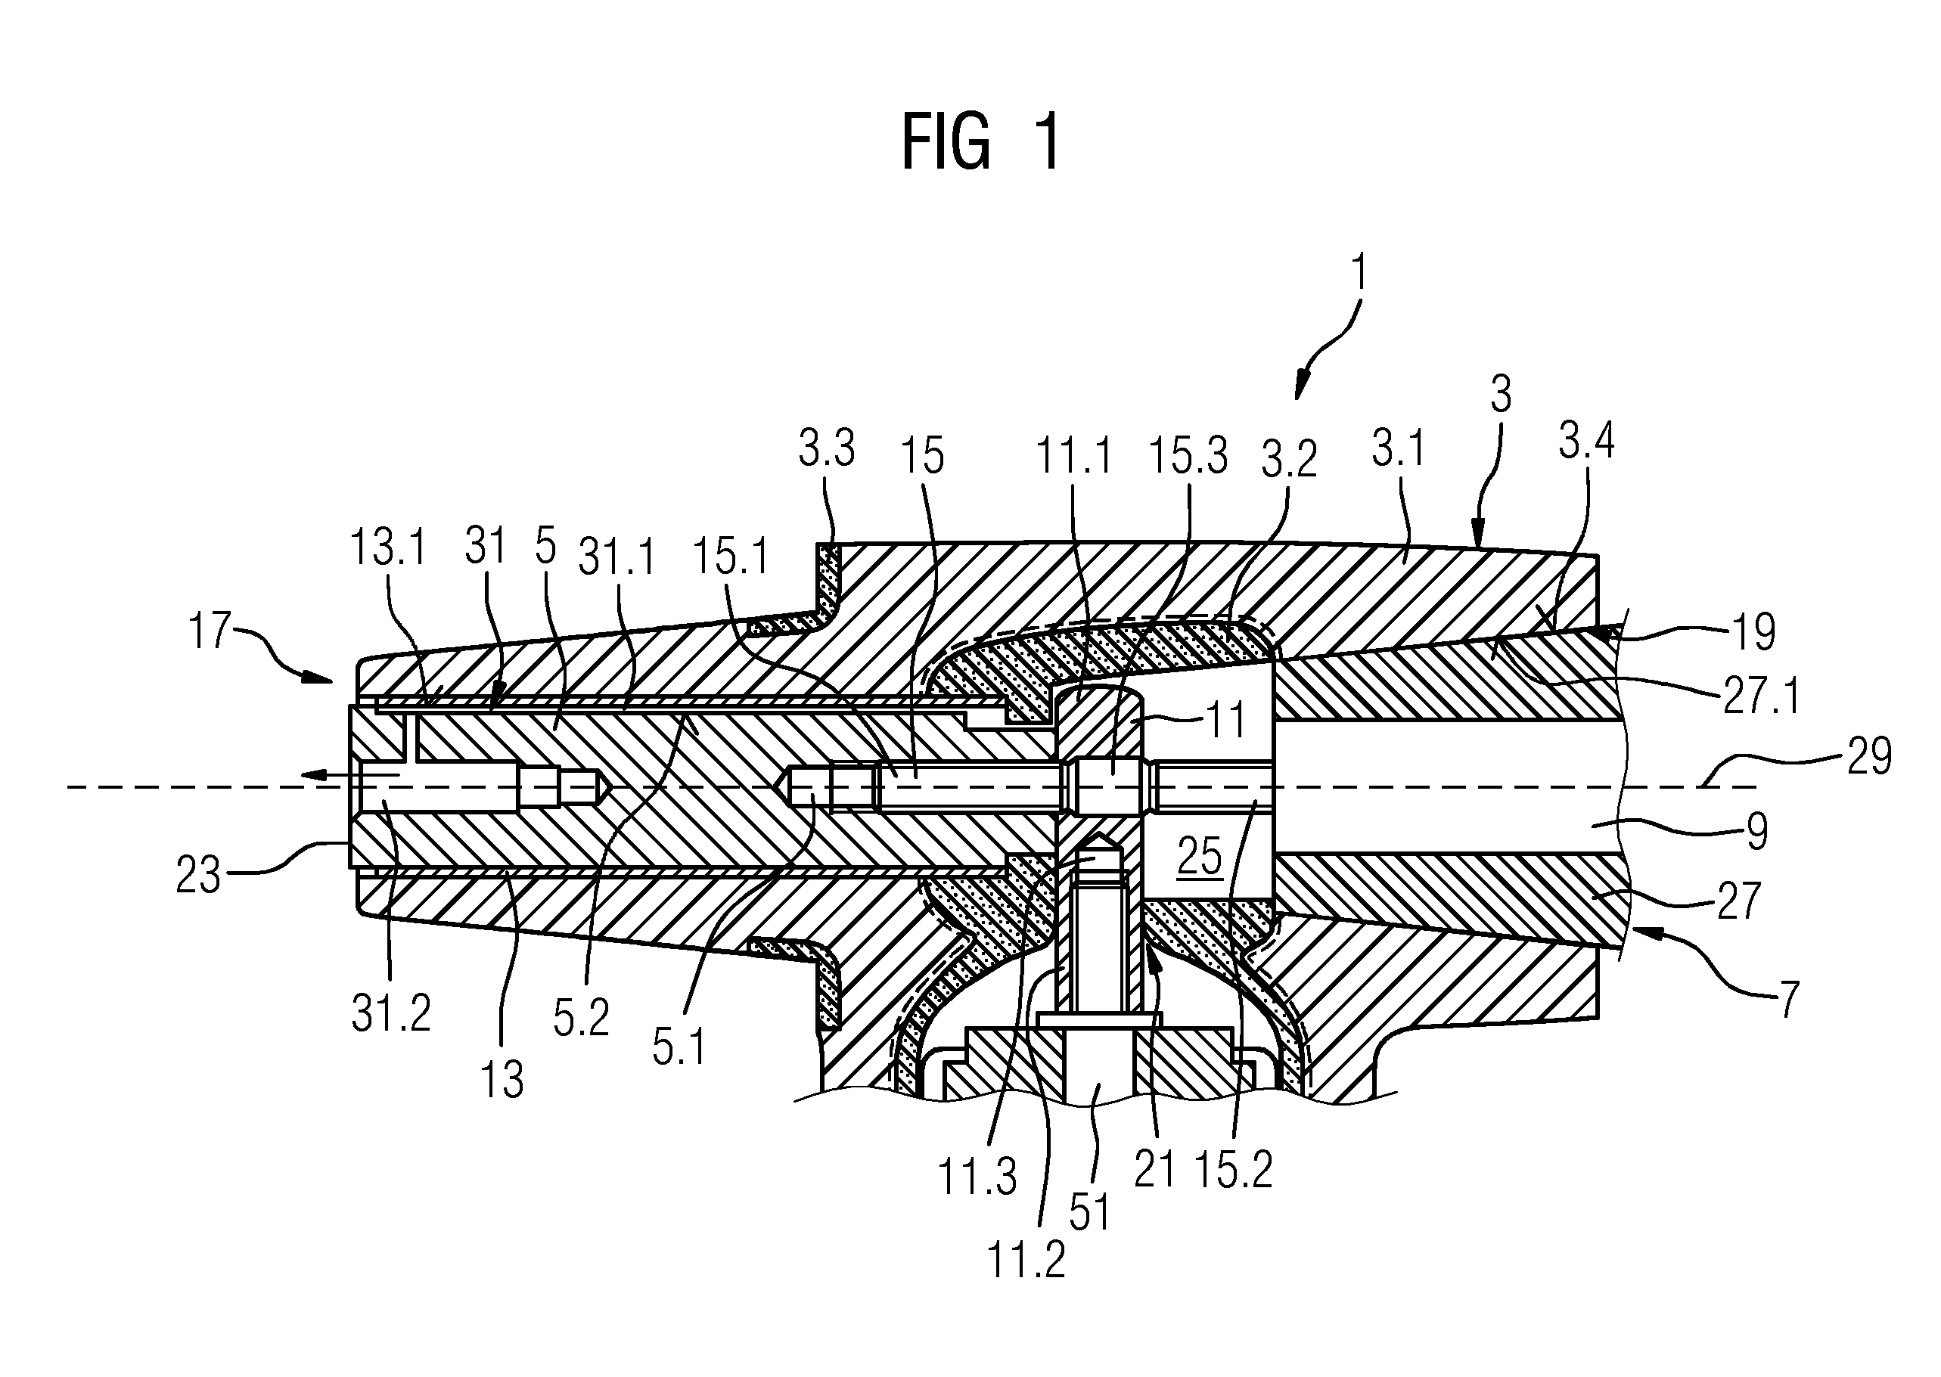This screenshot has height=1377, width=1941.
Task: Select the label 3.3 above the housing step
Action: (x=827, y=448)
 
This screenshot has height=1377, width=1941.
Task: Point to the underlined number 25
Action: (x=1200, y=857)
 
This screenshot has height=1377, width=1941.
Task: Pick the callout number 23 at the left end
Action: (x=198, y=875)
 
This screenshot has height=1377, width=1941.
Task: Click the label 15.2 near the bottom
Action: (x=1234, y=1171)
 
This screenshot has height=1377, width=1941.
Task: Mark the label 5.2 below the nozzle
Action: (x=582, y=1016)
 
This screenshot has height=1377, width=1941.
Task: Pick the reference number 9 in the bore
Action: (x=1758, y=831)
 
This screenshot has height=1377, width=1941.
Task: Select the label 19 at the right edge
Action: (x=1753, y=631)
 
